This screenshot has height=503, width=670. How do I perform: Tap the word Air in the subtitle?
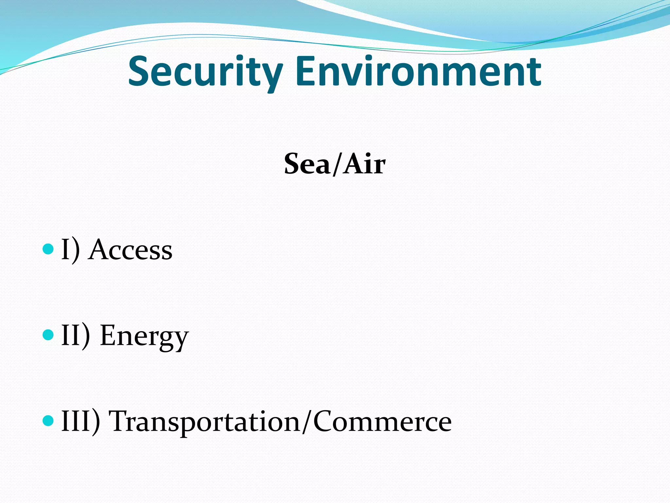365,164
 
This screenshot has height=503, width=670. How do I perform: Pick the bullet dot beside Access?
48,249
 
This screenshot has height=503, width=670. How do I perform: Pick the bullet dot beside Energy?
48,335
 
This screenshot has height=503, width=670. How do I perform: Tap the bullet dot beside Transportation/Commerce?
48,420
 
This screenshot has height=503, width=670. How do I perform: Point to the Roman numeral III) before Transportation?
80,421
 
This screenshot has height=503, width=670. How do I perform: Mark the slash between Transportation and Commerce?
307,422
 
